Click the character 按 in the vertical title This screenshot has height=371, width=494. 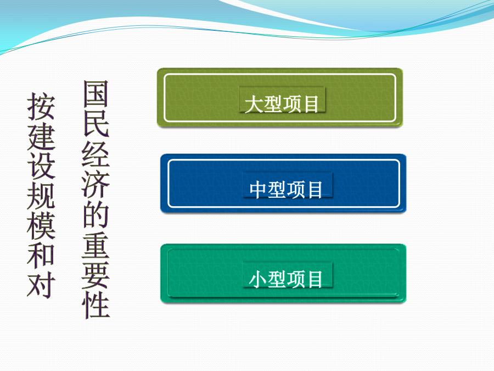pyautogui.click(x=41, y=106)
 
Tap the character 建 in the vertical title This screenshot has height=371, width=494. pyautogui.click(x=41, y=136)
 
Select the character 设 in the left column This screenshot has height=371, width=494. pyautogui.click(x=41, y=165)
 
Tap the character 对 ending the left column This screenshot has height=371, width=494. pyautogui.click(x=41, y=284)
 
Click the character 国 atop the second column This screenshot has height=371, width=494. pyautogui.click(x=96, y=93)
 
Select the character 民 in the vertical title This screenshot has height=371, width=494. pyautogui.click(x=96, y=124)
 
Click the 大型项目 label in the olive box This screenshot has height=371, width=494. pyautogui.click(x=282, y=104)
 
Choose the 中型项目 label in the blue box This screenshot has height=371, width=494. pyautogui.click(x=286, y=190)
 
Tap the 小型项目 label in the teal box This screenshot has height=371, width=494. pyautogui.click(x=286, y=279)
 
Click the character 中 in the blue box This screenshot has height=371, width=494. pyautogui.click(x=259, y=190)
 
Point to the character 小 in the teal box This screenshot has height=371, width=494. pyautogui.click(x=259, y=279)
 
